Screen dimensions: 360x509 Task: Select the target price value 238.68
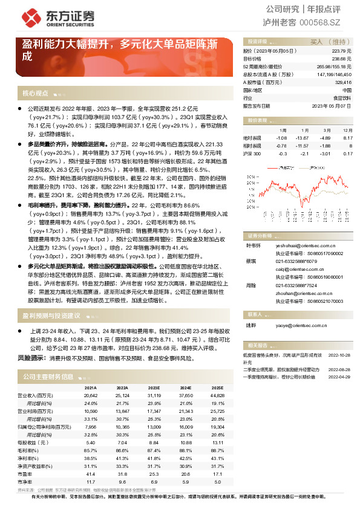click(x=342, y=59)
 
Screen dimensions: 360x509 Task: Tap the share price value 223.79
click(x=342, y=51)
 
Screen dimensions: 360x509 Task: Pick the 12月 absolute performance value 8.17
click(x=347, y=138)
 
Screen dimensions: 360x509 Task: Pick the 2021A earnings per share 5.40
click(x=91, y=443)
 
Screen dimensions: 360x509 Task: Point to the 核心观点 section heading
click(x=35, y=94)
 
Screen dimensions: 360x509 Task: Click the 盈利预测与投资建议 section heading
click(x=51, y=316)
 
